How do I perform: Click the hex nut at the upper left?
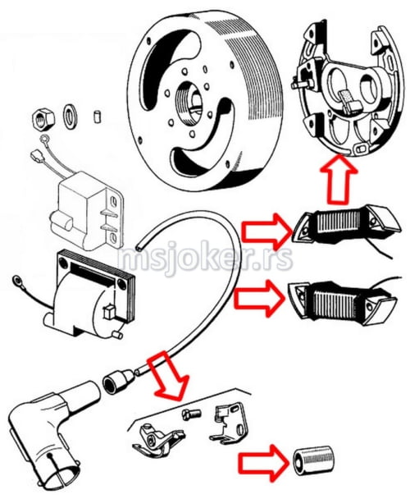(43, 119)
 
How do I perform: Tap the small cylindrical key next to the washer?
(98, 117)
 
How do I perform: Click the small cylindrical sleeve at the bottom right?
(313, 460)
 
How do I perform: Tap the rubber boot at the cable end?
(118, 381)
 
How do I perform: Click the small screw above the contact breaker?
(191, 414)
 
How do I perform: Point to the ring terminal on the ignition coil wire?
(16, 281)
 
